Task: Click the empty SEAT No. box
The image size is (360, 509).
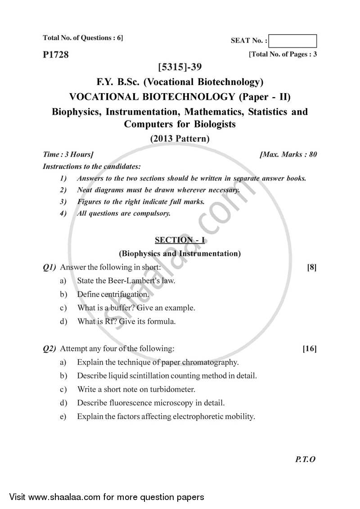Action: (x=294, y=41)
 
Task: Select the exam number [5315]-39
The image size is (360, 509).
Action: (x=180, y=68)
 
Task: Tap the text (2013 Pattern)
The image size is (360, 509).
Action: (x=180, y=139)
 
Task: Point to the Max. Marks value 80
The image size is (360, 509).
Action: (x=313, y=154)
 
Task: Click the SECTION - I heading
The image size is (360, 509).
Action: (x=180, y=240)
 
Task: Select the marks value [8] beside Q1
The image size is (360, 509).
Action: (x=312, y=267)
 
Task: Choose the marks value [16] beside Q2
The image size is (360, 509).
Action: (x=310, y=348)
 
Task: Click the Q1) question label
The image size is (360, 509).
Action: (x=49, y=267)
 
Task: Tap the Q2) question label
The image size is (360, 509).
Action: (x=49, y=348)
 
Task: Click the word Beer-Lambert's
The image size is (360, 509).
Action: (x=130, y=281)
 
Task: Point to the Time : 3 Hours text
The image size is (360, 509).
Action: (x=68, y=154)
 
